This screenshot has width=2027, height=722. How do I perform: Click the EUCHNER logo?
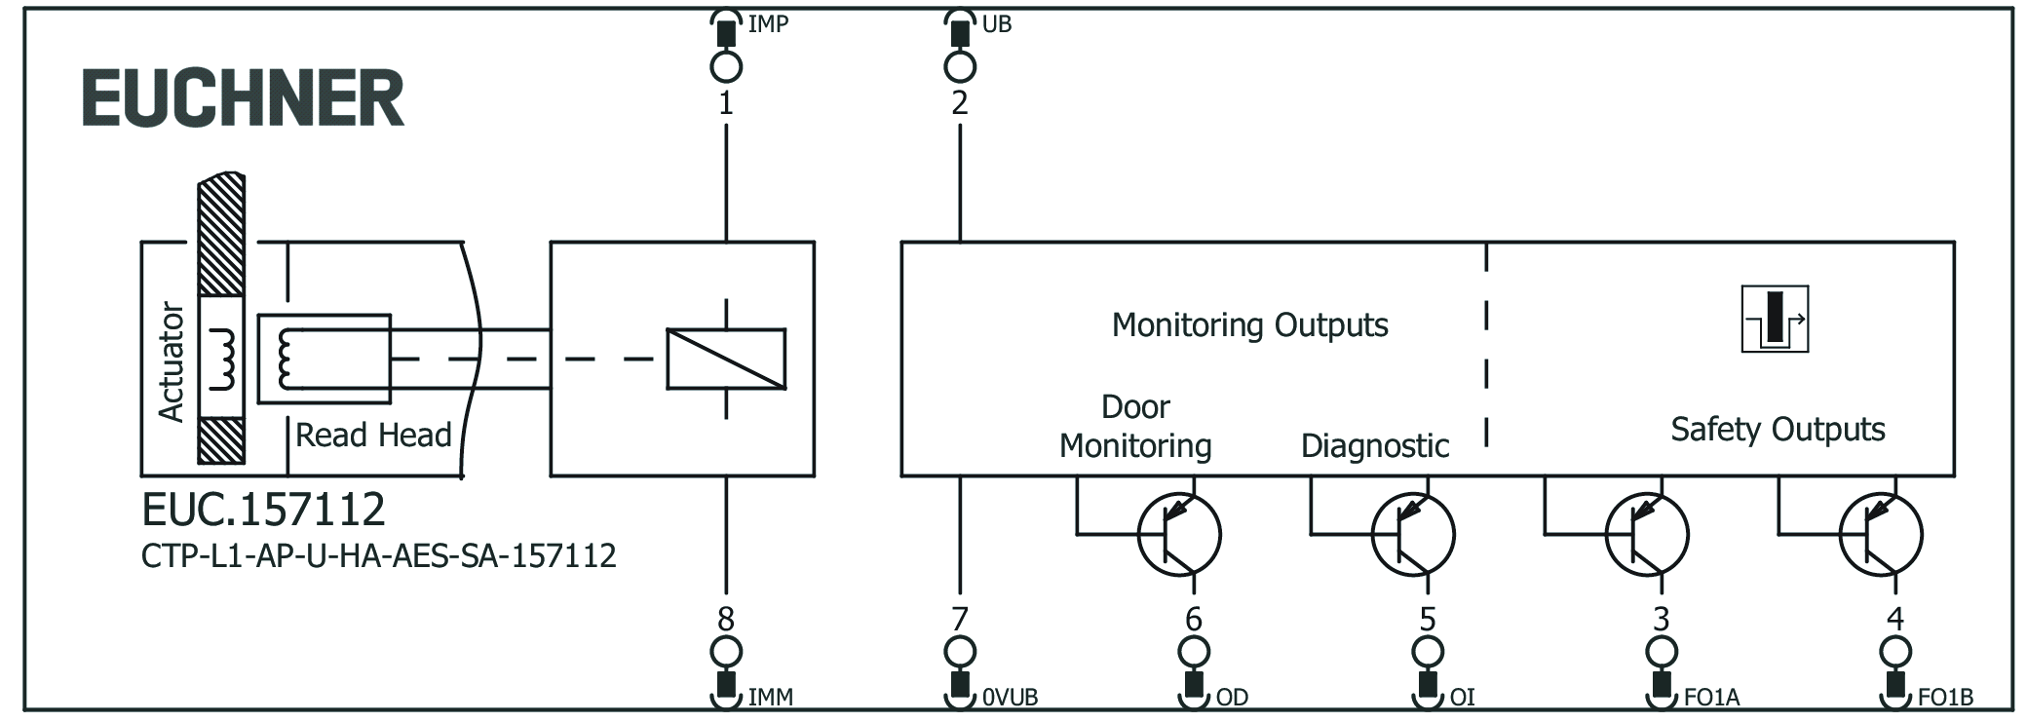click(x=243, y=98)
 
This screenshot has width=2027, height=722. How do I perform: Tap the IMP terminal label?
click(x=768, y=23)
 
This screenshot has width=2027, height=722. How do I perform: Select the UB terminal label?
click(x=996, y=23)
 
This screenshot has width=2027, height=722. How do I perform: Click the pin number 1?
click(x=726, y=103)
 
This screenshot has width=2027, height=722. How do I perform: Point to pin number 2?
click(x=960, y=103)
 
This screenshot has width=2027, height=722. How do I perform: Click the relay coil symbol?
click(x=726, y=359)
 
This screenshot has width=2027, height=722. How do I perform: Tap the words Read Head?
click(x=373, y=435)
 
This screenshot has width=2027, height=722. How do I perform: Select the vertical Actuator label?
click(x=172, y=361)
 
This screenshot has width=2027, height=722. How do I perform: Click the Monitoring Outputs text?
click(x=1249, y=324)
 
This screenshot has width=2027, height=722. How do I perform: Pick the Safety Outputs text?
click(x=1778, y=429)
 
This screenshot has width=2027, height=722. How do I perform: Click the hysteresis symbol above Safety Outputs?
click(x=1775, y=319)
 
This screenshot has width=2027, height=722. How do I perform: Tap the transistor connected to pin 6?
click(x=1179, y=534)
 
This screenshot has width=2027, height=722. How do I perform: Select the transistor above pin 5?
click(x=1413, y=534)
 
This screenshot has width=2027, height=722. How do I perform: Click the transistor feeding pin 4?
click(x=1881, y=534)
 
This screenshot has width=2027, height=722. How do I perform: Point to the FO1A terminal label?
click(x=1711, y=698)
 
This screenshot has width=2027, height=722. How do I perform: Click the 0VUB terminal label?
click(x=1010, y=698)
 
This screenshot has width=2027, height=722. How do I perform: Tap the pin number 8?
click(x=726, y=619)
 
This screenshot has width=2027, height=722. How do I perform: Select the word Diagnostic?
click(x=1375, y=445)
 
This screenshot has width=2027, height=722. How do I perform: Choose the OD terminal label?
click(x=1232, y=698)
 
